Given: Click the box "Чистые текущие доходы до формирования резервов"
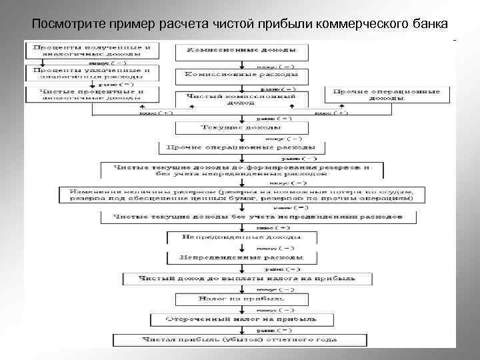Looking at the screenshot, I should (241, 169).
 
